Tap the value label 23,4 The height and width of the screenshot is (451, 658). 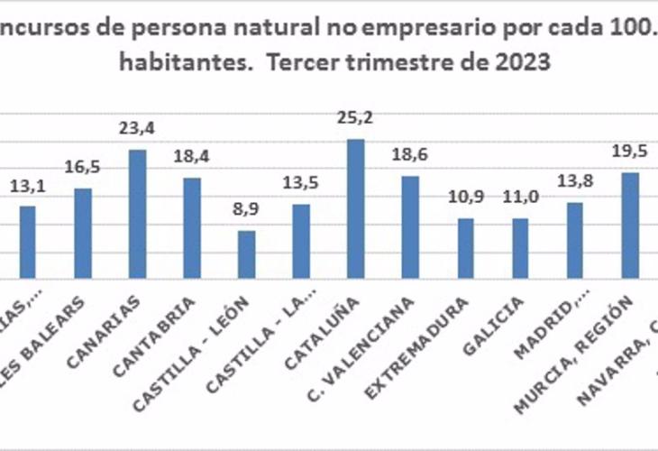(x=138, y=129)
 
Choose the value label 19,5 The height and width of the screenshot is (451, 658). (x=629, y=152)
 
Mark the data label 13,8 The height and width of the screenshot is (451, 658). (x=575, y=183)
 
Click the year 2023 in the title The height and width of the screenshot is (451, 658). (x=524, y=63)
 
